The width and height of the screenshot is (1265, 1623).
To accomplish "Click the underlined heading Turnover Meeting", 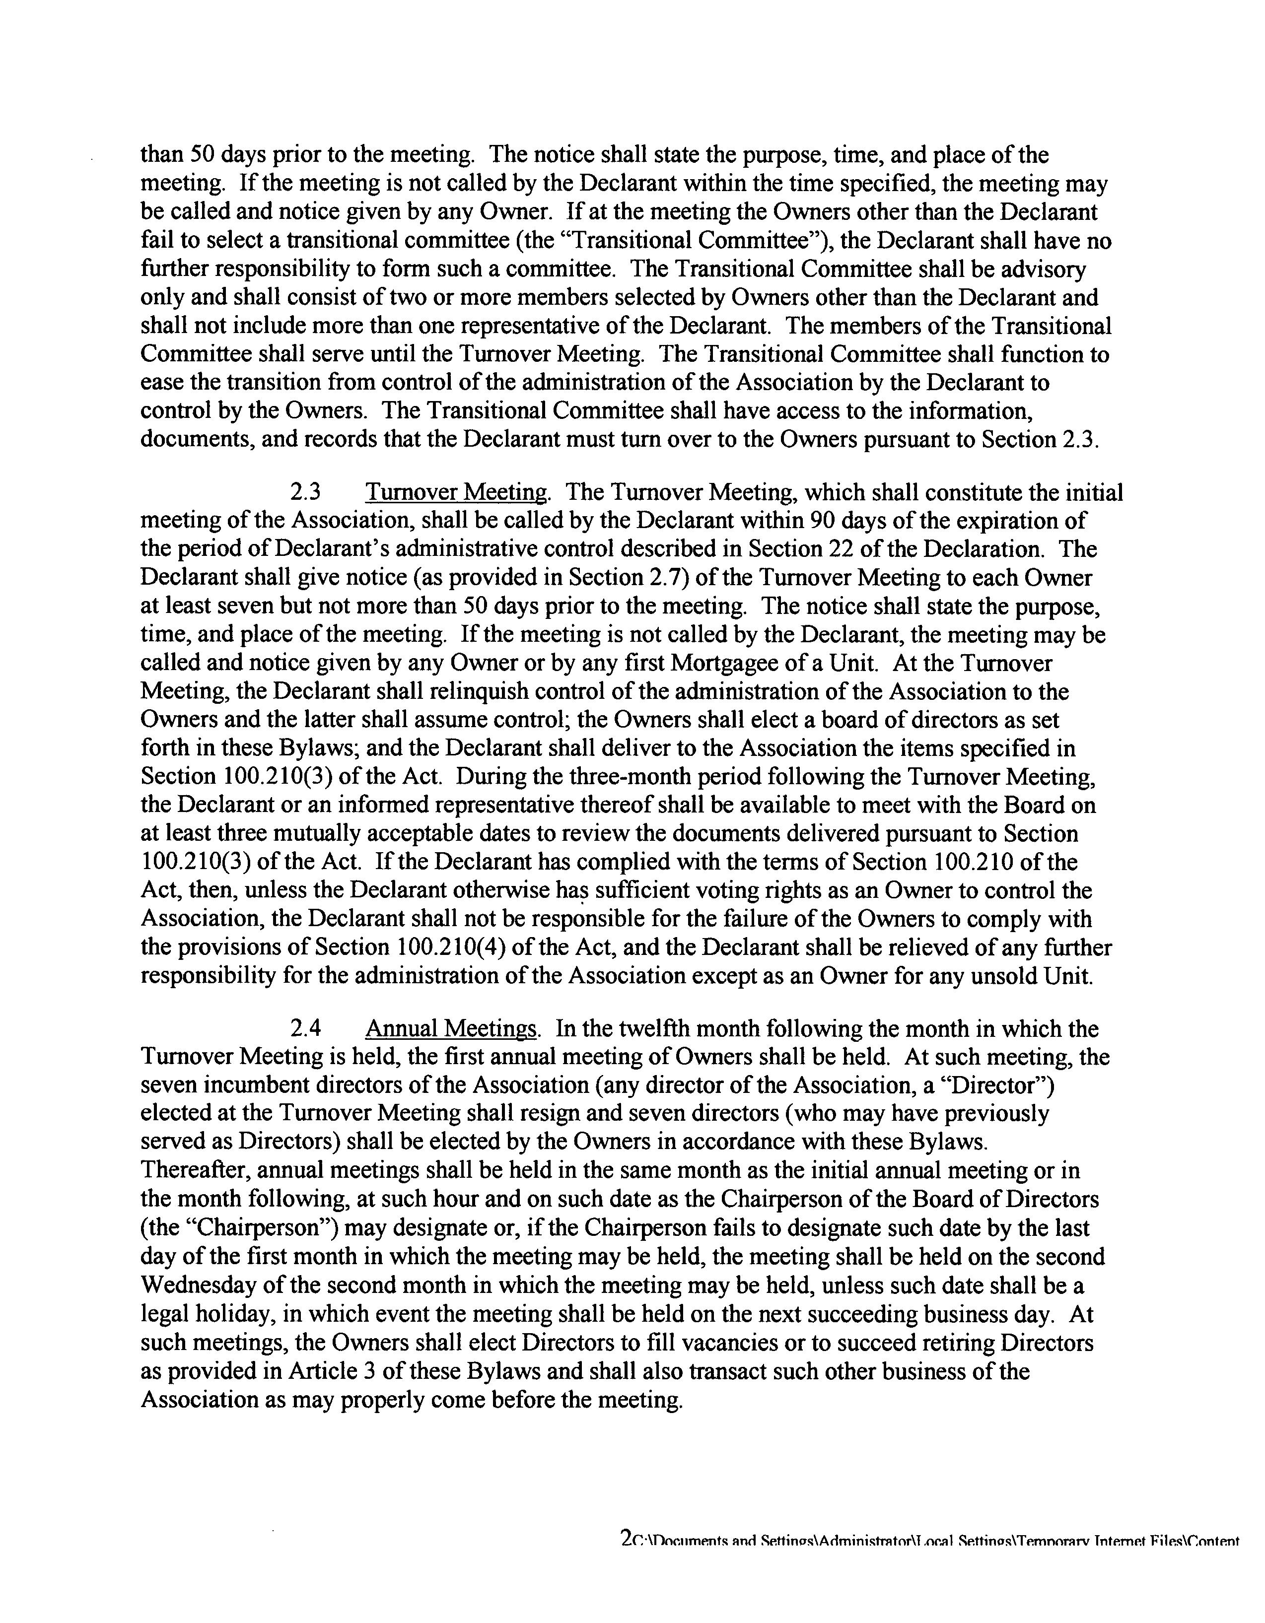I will (458, 493).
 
